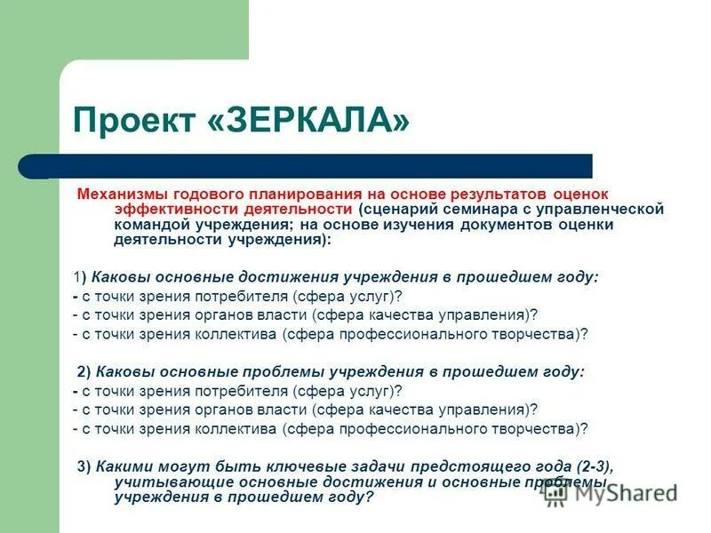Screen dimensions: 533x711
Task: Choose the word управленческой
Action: point(608,209)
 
